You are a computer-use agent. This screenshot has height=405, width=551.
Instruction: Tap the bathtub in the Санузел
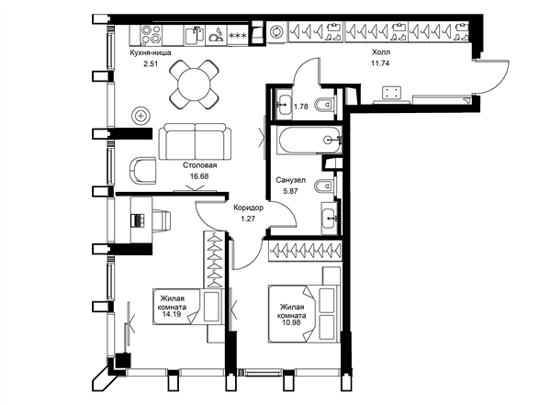309,140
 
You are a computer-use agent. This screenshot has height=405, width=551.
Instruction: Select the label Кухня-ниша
151,53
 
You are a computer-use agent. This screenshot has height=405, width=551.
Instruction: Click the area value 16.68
199,176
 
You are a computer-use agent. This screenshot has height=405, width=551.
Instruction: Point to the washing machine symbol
276,32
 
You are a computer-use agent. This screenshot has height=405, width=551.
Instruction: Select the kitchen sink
195,35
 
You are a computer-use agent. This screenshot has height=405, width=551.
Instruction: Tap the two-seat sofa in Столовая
195,141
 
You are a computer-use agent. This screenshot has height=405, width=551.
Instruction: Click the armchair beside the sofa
142,170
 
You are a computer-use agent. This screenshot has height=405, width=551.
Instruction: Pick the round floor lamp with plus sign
141,116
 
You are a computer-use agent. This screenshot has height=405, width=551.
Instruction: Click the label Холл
381,52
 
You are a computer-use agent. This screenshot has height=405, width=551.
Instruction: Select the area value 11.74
380,63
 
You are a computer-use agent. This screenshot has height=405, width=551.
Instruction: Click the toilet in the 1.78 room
324,104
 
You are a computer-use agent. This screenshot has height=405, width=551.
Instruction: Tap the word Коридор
249,208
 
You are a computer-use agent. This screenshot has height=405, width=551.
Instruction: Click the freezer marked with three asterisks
238,35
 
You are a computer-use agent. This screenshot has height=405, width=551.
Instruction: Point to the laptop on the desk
138,220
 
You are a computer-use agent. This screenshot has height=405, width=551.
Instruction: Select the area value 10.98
291,322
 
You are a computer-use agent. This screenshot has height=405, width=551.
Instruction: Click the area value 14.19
172,313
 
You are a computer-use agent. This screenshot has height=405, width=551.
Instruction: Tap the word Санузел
290,180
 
